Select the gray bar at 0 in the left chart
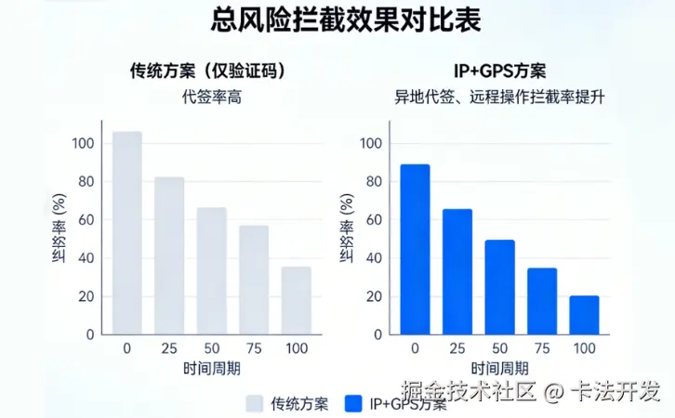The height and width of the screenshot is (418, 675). (127, 232)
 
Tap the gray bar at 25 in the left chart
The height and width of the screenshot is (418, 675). (169, 255)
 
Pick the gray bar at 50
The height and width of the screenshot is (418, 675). (212, 270)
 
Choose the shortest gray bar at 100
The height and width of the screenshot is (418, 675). (297, 300)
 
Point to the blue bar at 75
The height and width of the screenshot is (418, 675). (542, 301)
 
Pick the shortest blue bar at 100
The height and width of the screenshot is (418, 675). (584, 315)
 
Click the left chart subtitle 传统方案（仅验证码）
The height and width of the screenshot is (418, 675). (206, 71)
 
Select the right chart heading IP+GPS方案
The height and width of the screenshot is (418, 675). (494, 71)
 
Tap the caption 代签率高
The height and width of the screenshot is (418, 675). (206, 96)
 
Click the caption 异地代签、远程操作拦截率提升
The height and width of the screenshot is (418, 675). (494, 96)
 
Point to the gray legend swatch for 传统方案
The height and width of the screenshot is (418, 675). (255, 403)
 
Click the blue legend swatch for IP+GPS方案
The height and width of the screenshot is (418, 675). (352, 403)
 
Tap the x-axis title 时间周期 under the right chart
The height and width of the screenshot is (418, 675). (500, 368)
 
